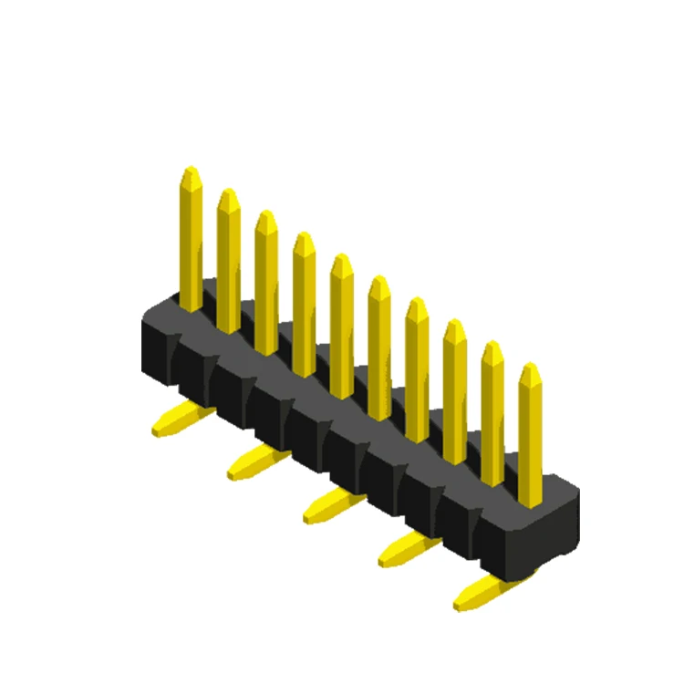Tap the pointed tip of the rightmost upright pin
(x=530, y=369)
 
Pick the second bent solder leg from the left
(x=256, y=461)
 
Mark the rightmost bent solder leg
(x=482, y=592)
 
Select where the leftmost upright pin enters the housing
(x=191, y=306)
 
